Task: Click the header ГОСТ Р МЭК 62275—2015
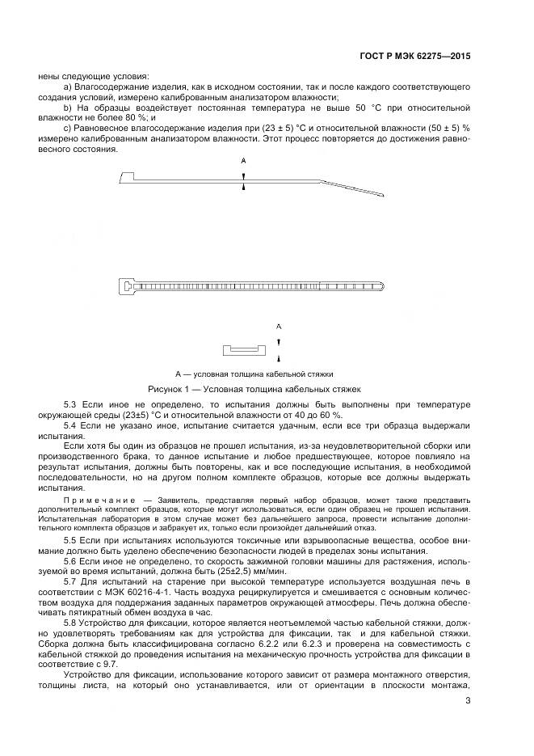414,57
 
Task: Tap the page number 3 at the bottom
468,701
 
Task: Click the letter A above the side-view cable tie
242,161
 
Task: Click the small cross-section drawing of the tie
243,350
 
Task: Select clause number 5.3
69,403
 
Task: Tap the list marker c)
66,129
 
